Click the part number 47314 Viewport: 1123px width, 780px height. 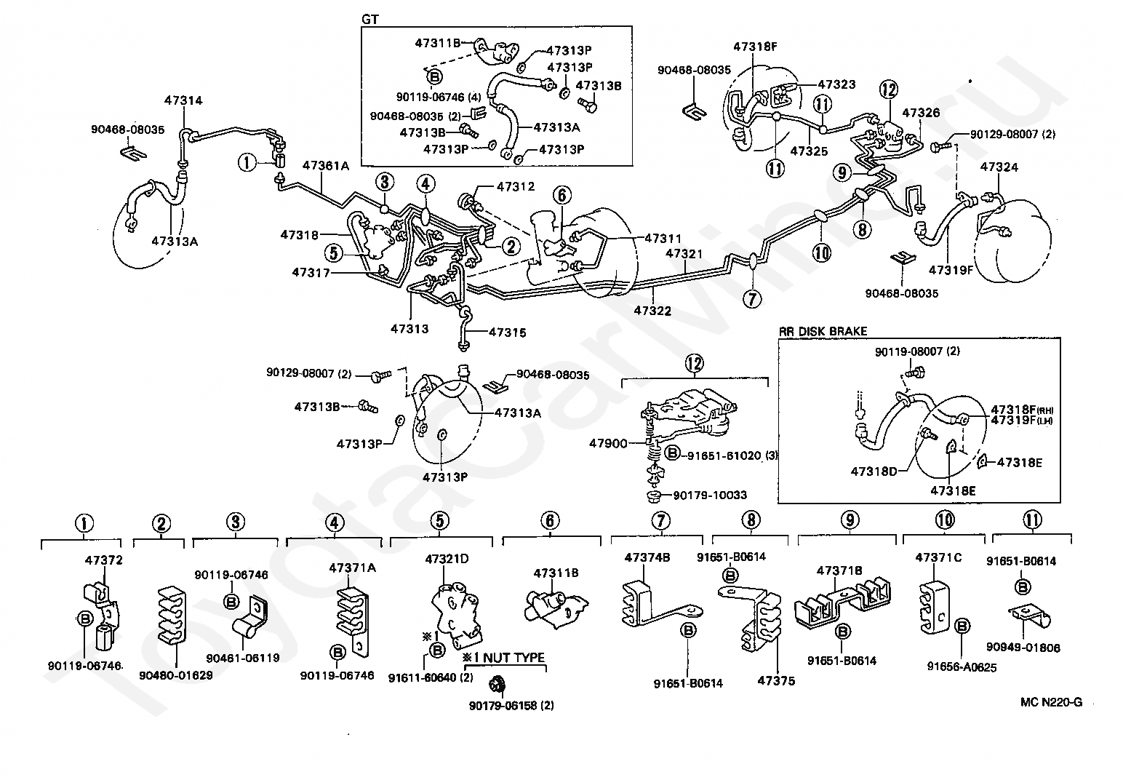tap(183, 101)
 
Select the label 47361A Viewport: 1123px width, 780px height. tap(326, 167)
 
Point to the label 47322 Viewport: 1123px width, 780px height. tap(652, 310)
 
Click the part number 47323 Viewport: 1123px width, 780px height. tap(836, 85)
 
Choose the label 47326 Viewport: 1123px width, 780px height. tap(921, 113)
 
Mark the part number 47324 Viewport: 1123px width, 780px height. tap(999, 167)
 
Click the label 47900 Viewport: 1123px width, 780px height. tap(607, 442)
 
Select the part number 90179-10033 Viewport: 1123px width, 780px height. tap(710, 496)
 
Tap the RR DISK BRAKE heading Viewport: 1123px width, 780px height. tap(823, 331)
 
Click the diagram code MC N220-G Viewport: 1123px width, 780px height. tap(1051, 702)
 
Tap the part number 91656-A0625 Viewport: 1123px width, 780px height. tap(962, 666)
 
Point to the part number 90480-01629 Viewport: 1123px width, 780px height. tap(176, 674)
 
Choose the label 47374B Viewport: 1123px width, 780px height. tap(647, 557)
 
